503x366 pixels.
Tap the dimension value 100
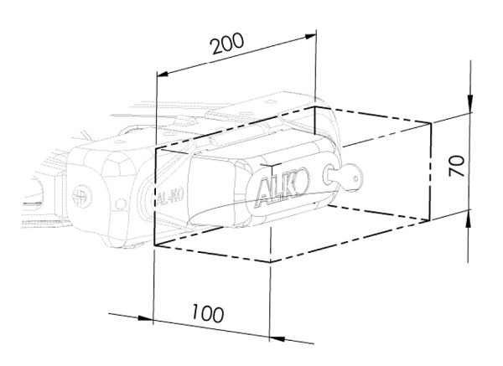point(208,313)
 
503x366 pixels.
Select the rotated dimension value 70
point(457,165)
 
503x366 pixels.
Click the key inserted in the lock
point(343,177)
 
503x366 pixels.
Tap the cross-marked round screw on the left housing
point(81,196)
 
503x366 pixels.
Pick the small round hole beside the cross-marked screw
point(121,204)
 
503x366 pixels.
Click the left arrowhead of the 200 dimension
point(163,74)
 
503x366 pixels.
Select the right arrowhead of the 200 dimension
point(310,37)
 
